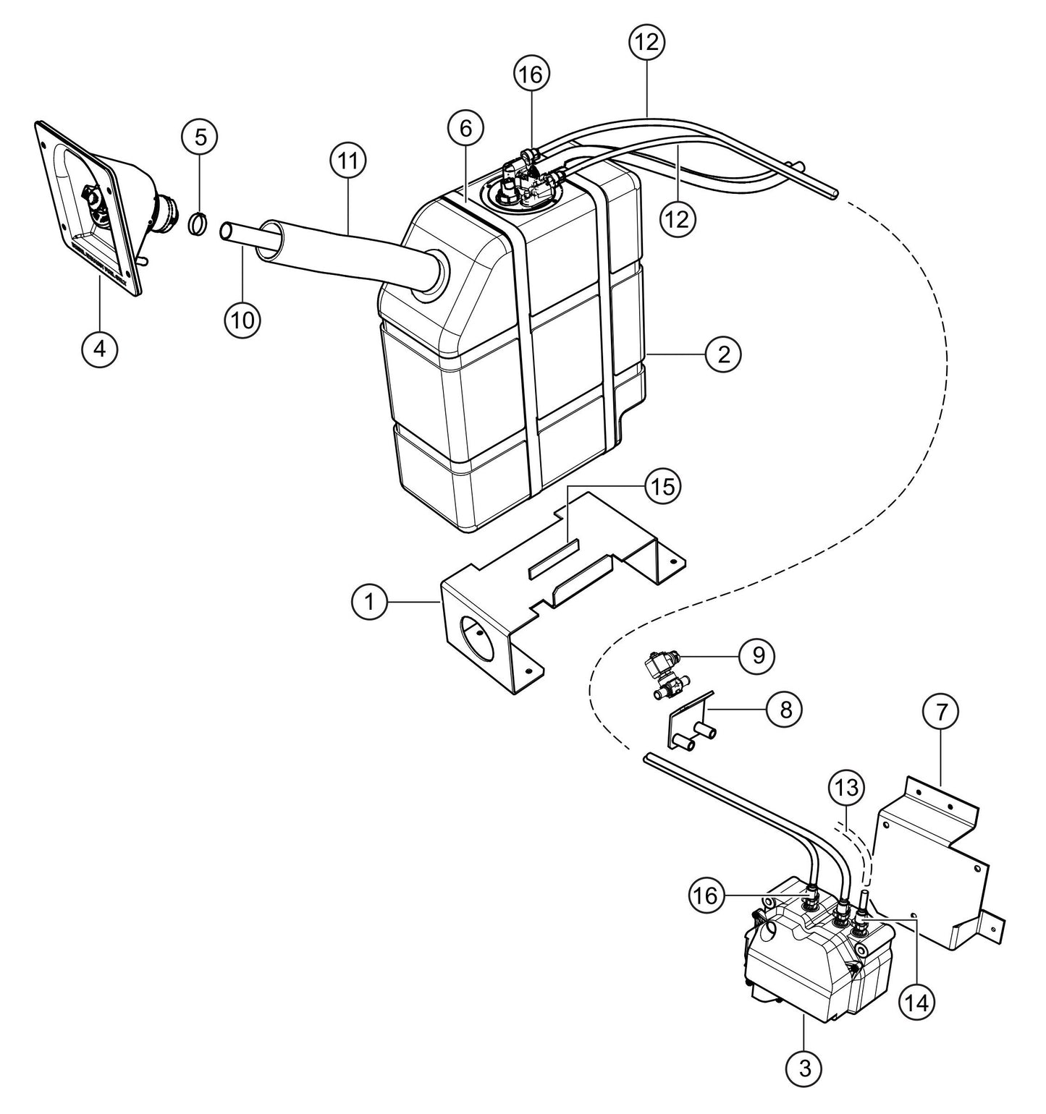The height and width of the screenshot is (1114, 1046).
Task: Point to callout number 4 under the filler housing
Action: tap(99, 349)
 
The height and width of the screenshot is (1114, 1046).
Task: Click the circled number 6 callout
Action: tap(465, 129)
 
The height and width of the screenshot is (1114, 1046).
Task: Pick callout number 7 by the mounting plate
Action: tap(940, 712)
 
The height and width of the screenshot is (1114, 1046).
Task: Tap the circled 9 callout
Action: tap(756, 655)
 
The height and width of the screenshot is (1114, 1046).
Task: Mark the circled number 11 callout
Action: tap(348, 161)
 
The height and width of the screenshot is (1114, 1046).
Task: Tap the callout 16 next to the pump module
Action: tap(707, 896)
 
